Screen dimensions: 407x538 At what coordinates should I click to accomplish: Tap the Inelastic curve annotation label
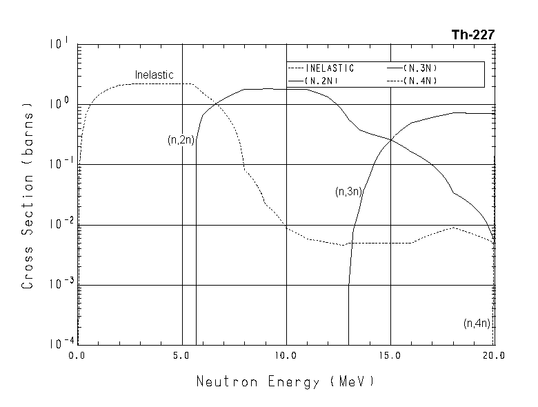point(154,75)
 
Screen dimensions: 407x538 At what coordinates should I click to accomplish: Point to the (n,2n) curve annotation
point(181,140)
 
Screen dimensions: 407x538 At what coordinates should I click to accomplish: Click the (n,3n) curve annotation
point(348,192)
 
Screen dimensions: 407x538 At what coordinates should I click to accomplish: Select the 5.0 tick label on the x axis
point(181,356)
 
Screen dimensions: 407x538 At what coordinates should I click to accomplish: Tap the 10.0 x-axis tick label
point(286,356)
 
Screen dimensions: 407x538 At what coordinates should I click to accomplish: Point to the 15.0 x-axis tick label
point(390,356)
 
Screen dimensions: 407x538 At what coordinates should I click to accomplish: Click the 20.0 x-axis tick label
point(494,356)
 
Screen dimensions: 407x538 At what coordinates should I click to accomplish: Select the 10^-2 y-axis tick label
point(59,226)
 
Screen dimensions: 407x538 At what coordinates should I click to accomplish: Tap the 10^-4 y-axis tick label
point(59,344)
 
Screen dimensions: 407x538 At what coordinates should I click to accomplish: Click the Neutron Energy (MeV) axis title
point(285,381)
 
